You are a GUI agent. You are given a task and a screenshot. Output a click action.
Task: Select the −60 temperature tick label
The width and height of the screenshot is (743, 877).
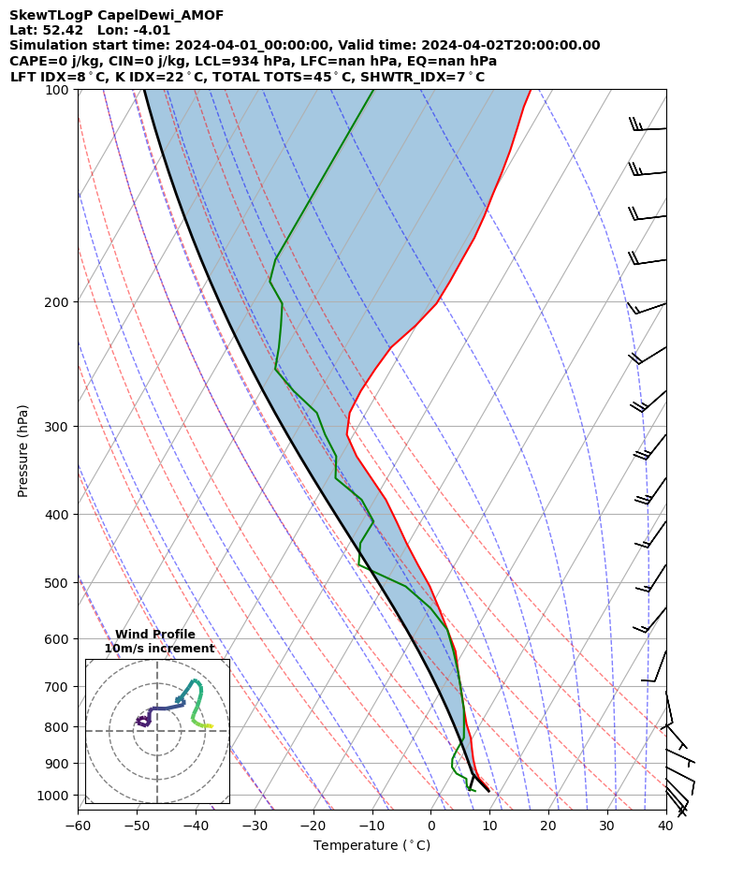[x=78, y=826]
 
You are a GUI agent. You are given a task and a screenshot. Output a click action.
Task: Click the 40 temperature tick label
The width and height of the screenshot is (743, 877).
[x=665, y=826]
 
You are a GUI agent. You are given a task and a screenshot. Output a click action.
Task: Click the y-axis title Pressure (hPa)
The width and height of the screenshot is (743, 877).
[x=23, y=450]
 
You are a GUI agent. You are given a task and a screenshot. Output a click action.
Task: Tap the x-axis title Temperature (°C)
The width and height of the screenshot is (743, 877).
[x=371, y=846]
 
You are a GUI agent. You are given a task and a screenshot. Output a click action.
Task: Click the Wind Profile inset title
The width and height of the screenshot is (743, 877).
[x=155, y=635]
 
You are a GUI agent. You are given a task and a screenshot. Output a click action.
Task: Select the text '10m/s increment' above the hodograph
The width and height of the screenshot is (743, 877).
[x=159, y=649]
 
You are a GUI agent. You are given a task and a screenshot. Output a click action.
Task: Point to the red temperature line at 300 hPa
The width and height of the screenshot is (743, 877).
[x=347, y=426]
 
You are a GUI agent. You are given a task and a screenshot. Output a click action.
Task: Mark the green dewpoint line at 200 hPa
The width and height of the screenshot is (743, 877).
[x=282, y=302]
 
